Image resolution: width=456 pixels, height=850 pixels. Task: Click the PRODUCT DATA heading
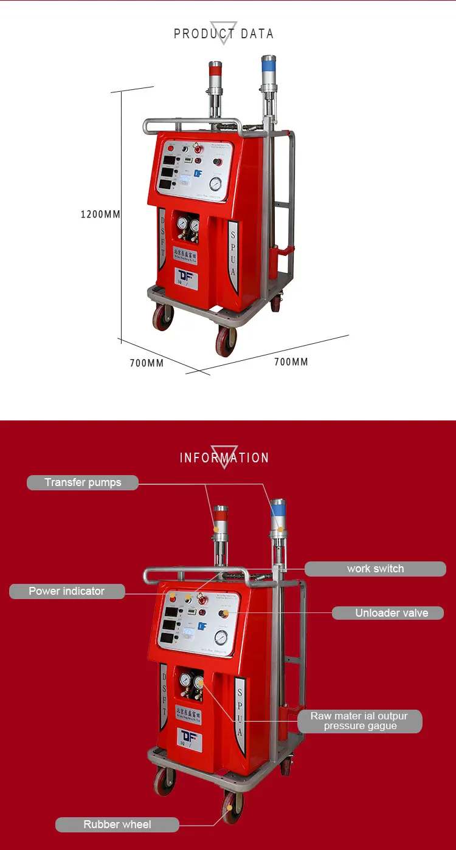tap(224, 34)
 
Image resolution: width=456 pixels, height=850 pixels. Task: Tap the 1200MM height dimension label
tap(100, 214)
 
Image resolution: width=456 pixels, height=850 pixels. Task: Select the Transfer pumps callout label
tap(83, 482)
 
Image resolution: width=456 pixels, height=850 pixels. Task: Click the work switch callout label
tap(375, 569)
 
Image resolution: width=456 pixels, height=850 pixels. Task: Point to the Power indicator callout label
tap(67, 591)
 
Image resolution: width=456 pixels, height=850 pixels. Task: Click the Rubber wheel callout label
tap(117, 824)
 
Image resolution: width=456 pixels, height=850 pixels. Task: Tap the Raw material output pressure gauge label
tap(359, 721)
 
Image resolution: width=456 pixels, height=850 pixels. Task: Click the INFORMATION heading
tap(224, 458)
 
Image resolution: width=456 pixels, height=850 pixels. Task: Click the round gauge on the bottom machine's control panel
tap(221, 637)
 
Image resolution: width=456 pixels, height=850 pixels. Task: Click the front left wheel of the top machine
tap(163, 317)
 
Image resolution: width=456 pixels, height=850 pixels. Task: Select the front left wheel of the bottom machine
tap(164, 780)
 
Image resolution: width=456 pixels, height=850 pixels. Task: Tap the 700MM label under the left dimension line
tap(147, 363)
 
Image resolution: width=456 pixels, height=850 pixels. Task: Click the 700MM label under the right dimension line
tap(291, 362)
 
